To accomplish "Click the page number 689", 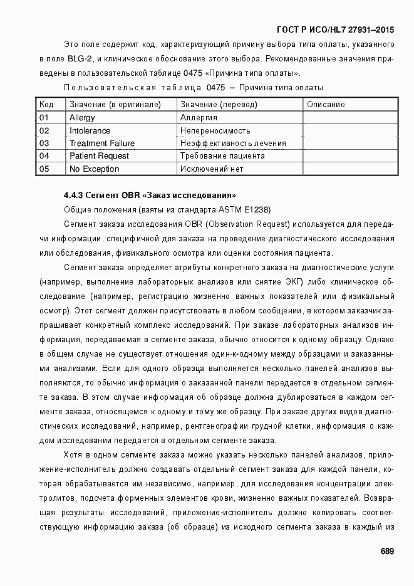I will (386, 552).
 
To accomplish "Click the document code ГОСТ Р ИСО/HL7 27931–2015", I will (334, 30).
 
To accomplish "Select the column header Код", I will (46, 105).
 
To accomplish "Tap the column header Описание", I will (326, 105).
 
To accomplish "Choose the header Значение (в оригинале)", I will (115, 105).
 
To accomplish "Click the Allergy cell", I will (82, 118).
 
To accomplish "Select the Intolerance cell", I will (90, 131).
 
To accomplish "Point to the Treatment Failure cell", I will (101, 144).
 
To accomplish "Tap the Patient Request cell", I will (99, 156).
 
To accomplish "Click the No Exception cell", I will (94, 169).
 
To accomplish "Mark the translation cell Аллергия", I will (199, 118).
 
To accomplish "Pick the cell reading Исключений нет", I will (212, 169).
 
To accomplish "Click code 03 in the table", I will (44, 144).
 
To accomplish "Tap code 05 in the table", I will (44, 169).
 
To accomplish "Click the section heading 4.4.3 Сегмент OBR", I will (150, 195).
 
